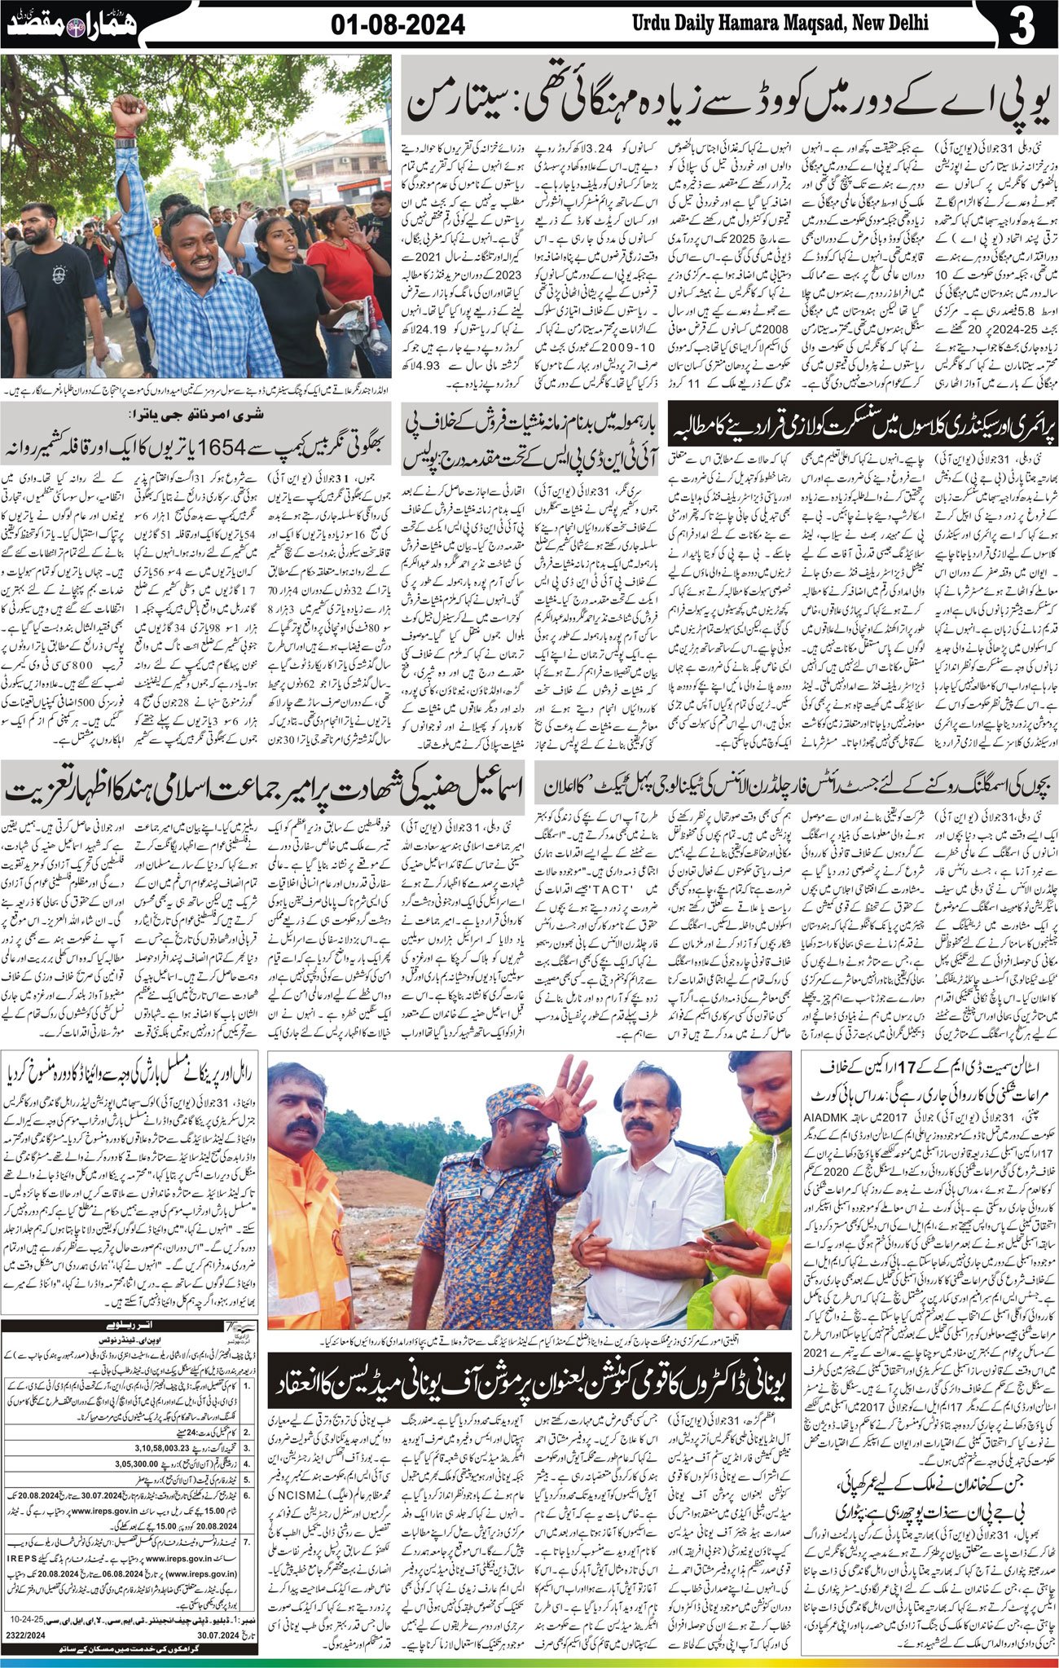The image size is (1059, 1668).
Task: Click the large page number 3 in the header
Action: [1020, 25]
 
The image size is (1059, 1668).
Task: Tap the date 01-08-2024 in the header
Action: [398, 26]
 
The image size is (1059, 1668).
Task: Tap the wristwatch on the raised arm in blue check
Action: [125, 143]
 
